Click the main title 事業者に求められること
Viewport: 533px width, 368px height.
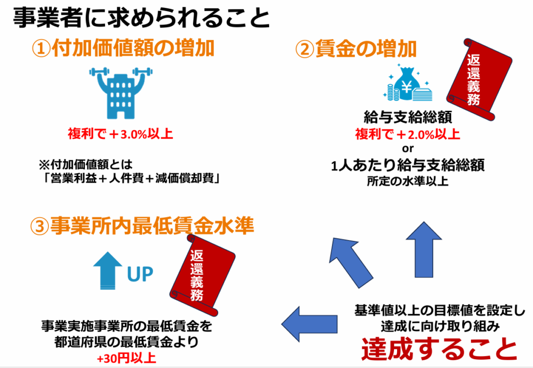pos(141,18)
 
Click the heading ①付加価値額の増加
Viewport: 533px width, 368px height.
pos(123,48)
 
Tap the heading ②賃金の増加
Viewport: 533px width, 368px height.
pos(356,49)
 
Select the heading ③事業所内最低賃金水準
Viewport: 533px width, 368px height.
pos(142,225)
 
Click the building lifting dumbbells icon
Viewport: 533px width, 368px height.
pos(121,93)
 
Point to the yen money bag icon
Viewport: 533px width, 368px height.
pos(408,84)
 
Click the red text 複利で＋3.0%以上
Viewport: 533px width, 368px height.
pos(120,134)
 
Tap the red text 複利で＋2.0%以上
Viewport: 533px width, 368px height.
pos(408,134)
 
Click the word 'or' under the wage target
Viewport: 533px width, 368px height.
pos(408,148)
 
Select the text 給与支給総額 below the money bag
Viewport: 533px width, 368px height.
pos(408,117)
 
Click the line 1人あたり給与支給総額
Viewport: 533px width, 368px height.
pos(408,166)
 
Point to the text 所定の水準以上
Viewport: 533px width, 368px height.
pos(408,181)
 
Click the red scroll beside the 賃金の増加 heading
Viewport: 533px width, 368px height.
pos(479,80)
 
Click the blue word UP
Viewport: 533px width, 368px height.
pos(140,274)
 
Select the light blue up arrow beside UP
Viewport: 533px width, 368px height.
pos(108,271)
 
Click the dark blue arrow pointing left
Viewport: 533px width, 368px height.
pos(310,324)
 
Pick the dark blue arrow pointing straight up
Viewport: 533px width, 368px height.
pos(424,250)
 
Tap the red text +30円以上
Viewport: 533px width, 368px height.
pos(126,358)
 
